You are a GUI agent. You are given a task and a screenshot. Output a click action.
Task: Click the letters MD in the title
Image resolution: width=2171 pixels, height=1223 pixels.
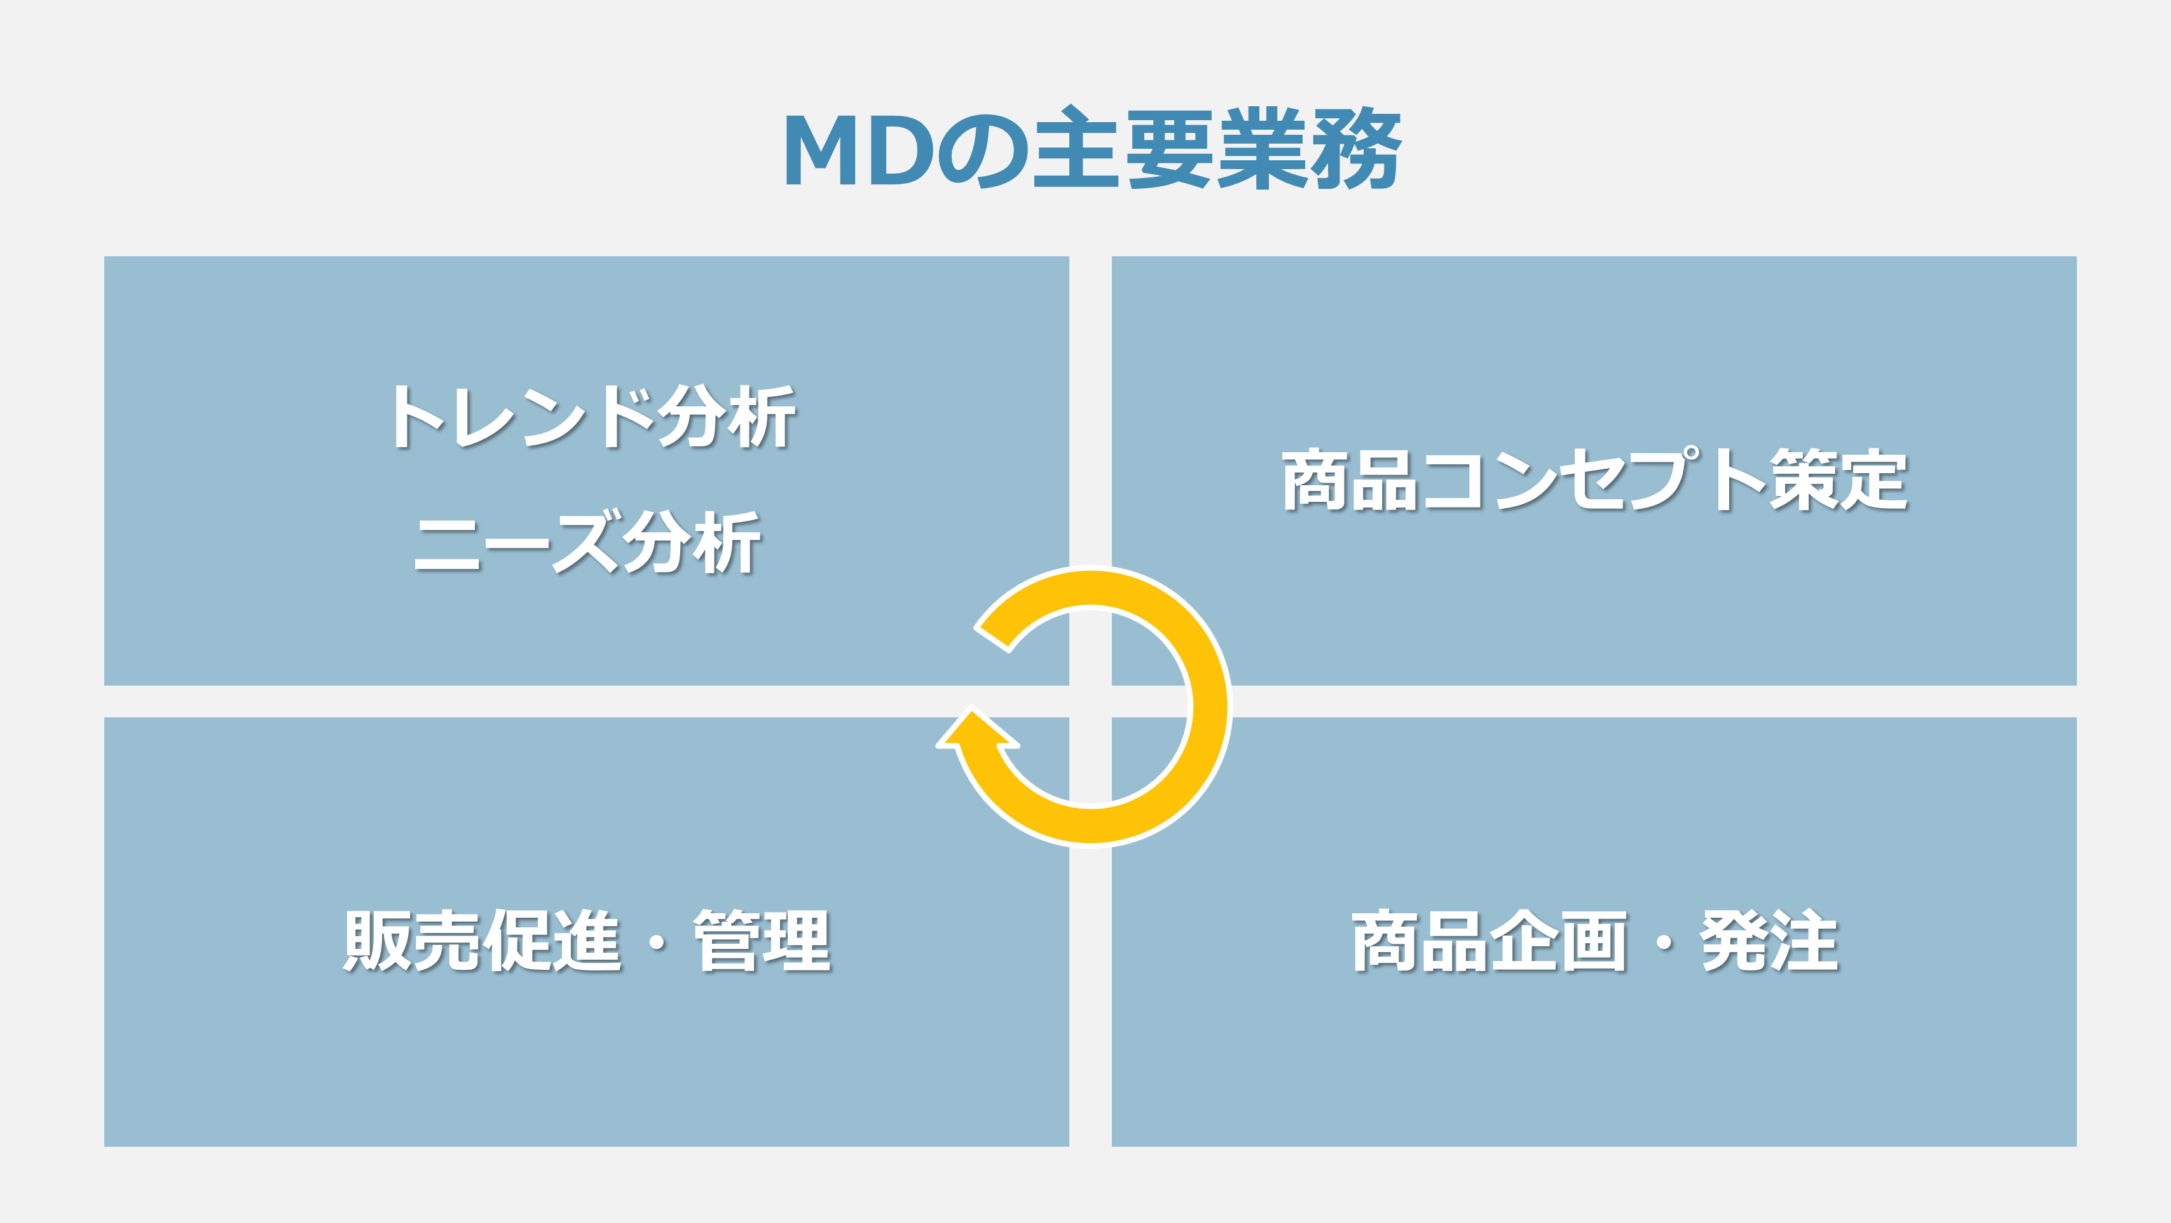click(859, 149)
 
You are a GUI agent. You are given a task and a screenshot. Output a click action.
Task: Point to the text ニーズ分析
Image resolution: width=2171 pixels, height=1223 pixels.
click(588, 542)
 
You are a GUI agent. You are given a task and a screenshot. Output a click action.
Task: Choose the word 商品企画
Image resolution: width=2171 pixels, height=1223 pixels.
click(1490, 940)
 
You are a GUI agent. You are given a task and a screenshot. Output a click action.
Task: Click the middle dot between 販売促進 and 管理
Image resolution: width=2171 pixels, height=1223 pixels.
click(657, 941)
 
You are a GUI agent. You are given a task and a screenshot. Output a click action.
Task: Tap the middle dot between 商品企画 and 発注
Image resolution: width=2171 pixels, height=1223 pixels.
click(1664, 941)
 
